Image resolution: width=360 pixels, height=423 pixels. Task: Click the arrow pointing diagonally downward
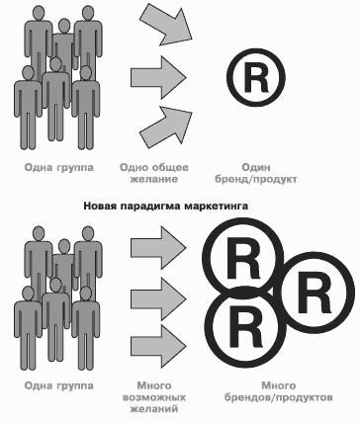(x=167, y=26)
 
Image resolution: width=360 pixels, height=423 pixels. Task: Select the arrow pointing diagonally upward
(x=167, y=126)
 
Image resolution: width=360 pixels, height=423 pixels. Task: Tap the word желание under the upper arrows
(x=153, y=180)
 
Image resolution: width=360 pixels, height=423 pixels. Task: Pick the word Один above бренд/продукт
(x=256, y=167)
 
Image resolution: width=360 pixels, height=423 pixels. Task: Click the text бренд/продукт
(x=256, y=180)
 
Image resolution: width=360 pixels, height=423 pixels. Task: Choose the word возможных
(x=154, y=397)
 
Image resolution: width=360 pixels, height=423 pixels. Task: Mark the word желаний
(x=154, y=409)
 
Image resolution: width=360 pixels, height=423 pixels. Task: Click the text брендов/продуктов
(x=278, y=398)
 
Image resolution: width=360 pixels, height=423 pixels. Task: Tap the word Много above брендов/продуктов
(x=279, y=385)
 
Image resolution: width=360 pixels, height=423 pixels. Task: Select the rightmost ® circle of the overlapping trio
(x=315, y=293)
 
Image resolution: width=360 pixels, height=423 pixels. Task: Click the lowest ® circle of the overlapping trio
(x=245, y=326)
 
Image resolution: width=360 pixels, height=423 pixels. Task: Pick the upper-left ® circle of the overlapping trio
(x=243, y=258)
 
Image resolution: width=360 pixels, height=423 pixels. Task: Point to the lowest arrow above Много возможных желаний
(x=158, y=347)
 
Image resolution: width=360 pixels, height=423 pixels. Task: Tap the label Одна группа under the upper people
(x=59, y=168)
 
